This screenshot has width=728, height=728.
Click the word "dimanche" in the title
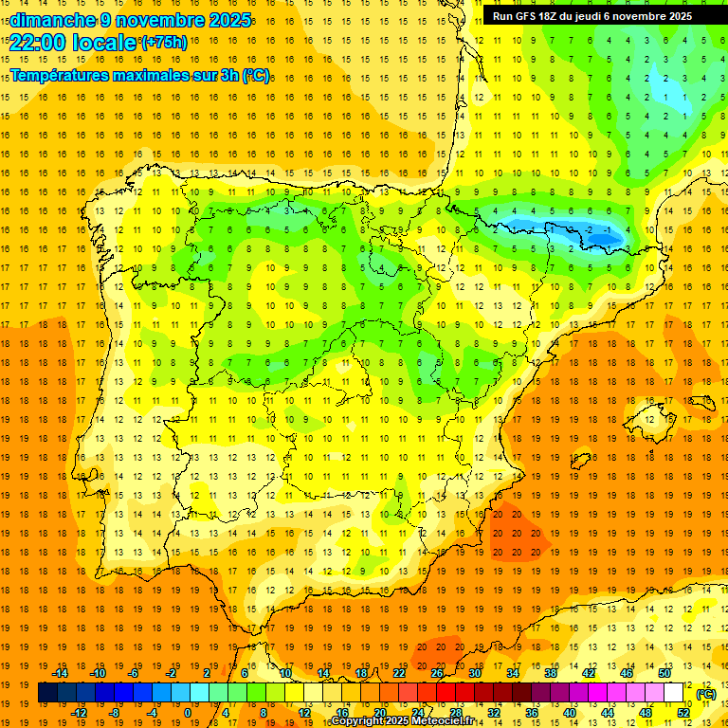(x=52, y=20)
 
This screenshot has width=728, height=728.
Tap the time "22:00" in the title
(x=39, y=43)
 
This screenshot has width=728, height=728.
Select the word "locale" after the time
(x=105, y=43)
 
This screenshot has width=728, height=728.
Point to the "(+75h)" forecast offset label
(x=164, y=43)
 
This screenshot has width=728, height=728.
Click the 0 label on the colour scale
(x=187, y=713)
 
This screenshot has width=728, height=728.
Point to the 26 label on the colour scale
(x=437, y=673)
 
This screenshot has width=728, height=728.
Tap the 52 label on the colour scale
(x=683, y=713)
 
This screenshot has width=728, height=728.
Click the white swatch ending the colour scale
(x=674, y=693)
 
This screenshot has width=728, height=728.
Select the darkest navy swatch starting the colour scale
(x=47, y=693)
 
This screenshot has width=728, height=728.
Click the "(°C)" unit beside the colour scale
(x=706, y=694)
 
